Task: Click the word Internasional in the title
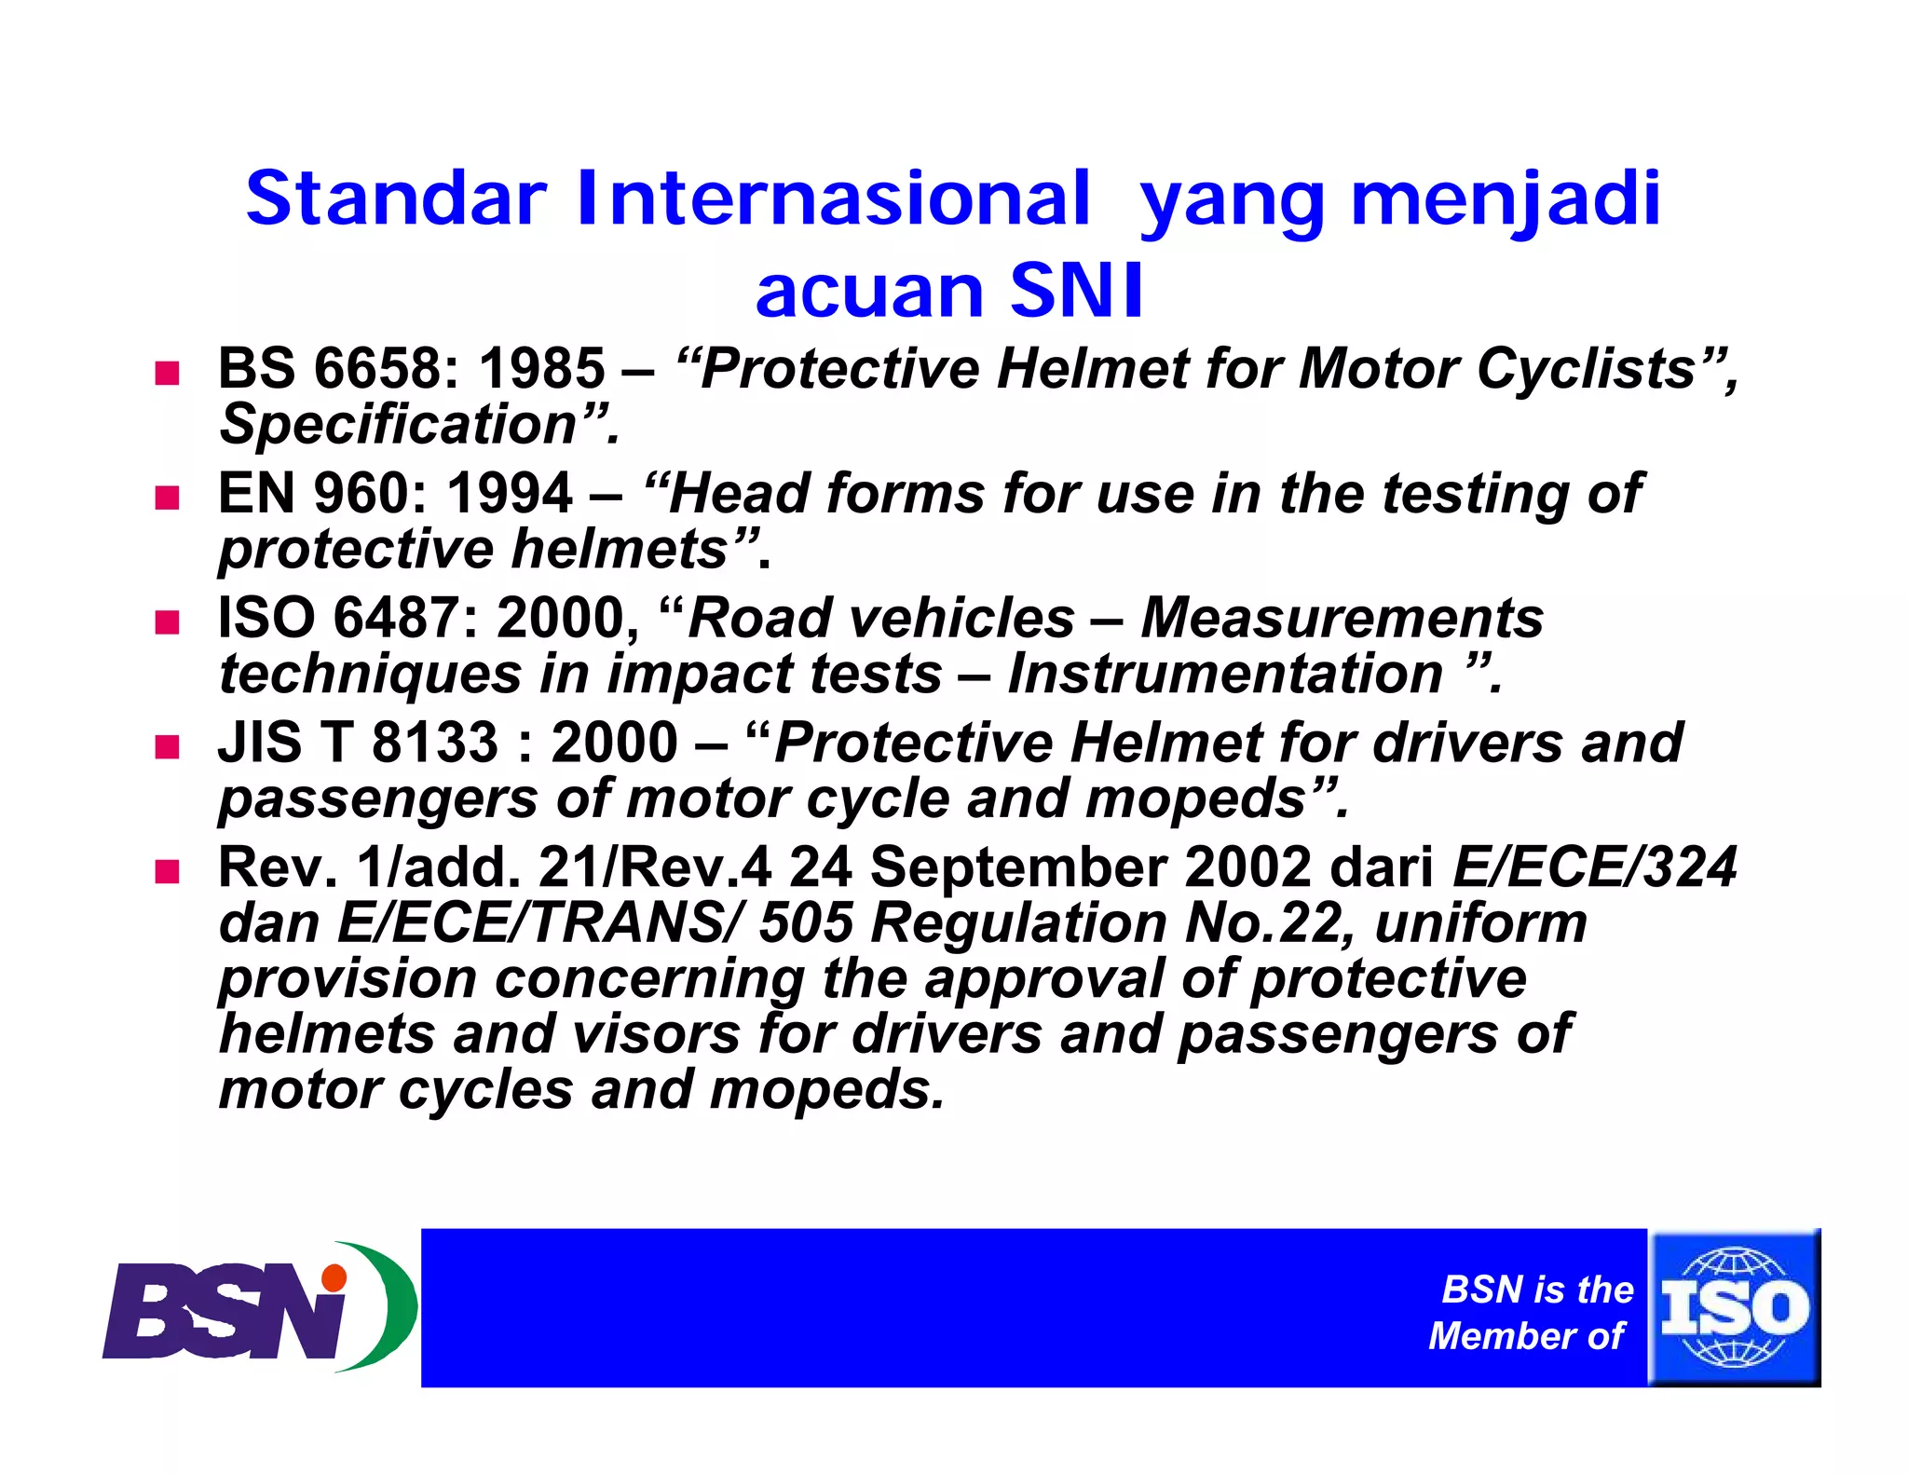pos(832,198)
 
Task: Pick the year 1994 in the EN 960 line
pos(510,493)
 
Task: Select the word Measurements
pos(1342,618)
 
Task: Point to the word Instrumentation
pos(1225,674)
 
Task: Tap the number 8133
pos(435,743)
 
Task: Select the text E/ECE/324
pos(1594,867)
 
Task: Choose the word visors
pos(655,1034)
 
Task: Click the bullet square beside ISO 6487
pos(167,621)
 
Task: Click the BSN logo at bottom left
pos(256,1306)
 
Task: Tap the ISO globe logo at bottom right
pos(1735,1306)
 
